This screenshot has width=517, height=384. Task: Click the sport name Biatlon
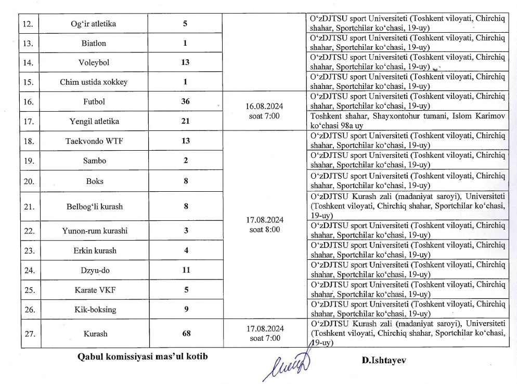[93, 43]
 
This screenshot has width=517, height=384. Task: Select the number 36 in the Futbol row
[185, 101]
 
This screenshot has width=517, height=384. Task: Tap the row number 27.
[30, 334]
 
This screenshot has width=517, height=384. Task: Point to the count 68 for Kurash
[185, 333]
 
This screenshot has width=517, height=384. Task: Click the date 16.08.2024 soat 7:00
[264, 111]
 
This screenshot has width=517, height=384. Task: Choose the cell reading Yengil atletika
[94, 121]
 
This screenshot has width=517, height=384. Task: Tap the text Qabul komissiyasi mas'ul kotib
[138, 357]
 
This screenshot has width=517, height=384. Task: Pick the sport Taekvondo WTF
[94, 141]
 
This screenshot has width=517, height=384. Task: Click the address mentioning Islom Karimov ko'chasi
[407, 121]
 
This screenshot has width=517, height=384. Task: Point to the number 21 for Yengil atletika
[185, 121]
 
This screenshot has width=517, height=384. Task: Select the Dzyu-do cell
[94, 270]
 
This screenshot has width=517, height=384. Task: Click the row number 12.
[30, 24]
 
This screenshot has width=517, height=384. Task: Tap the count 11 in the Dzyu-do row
[185, 270]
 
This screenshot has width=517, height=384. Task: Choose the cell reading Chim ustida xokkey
[94, 82]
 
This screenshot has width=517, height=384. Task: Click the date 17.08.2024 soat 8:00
[264, 224]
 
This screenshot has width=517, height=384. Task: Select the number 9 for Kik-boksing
[185, 309]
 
